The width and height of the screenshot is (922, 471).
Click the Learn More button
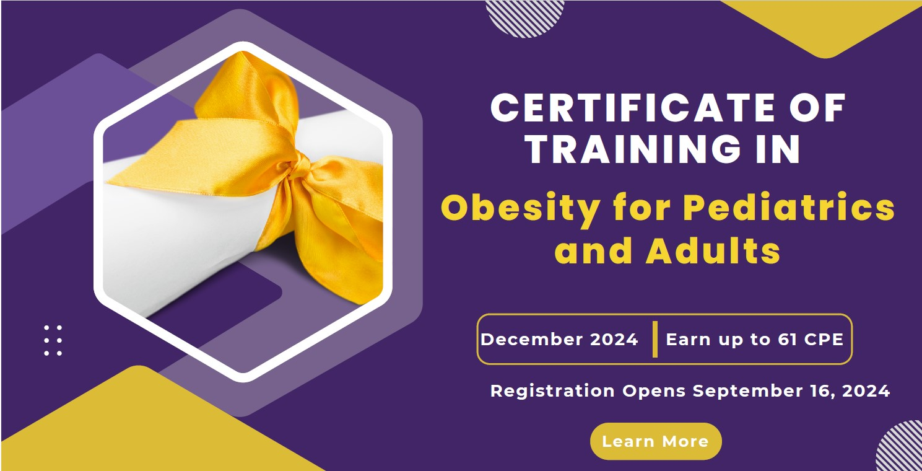pos(655,441)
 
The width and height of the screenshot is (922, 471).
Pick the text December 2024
pos(559,340)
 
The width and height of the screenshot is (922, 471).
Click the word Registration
pos(552,392)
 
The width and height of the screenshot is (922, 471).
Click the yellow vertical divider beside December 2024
pos(655,340)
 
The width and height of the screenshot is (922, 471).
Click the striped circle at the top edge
pos(524,15)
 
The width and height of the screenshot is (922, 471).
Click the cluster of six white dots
pos(53,340)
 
